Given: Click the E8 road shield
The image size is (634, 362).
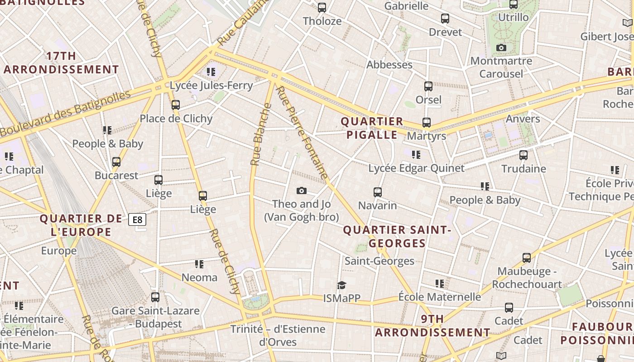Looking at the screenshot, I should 137,220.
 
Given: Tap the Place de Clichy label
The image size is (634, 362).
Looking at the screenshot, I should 176,119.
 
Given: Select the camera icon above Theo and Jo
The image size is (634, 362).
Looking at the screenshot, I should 301,191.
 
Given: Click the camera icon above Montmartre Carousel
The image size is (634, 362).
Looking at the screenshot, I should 501,48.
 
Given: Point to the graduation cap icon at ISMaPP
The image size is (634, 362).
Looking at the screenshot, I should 341,285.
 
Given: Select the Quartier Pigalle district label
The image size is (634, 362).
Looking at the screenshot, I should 372,128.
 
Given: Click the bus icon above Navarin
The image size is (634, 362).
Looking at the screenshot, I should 378,192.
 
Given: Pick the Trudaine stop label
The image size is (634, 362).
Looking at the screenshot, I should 524,169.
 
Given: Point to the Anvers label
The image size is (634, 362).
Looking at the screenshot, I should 523,119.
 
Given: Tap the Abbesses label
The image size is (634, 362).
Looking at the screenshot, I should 389,65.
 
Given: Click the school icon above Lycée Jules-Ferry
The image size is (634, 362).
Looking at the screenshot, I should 211,71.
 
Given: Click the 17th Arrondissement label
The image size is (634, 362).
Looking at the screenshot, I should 61,63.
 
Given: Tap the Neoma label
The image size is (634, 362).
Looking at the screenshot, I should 199,277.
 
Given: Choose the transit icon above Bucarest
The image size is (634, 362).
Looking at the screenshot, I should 116,162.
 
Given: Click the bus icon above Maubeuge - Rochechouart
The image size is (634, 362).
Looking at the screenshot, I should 527,258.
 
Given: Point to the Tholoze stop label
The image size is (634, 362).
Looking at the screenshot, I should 322,21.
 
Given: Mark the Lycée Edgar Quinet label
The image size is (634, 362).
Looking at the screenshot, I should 416,168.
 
